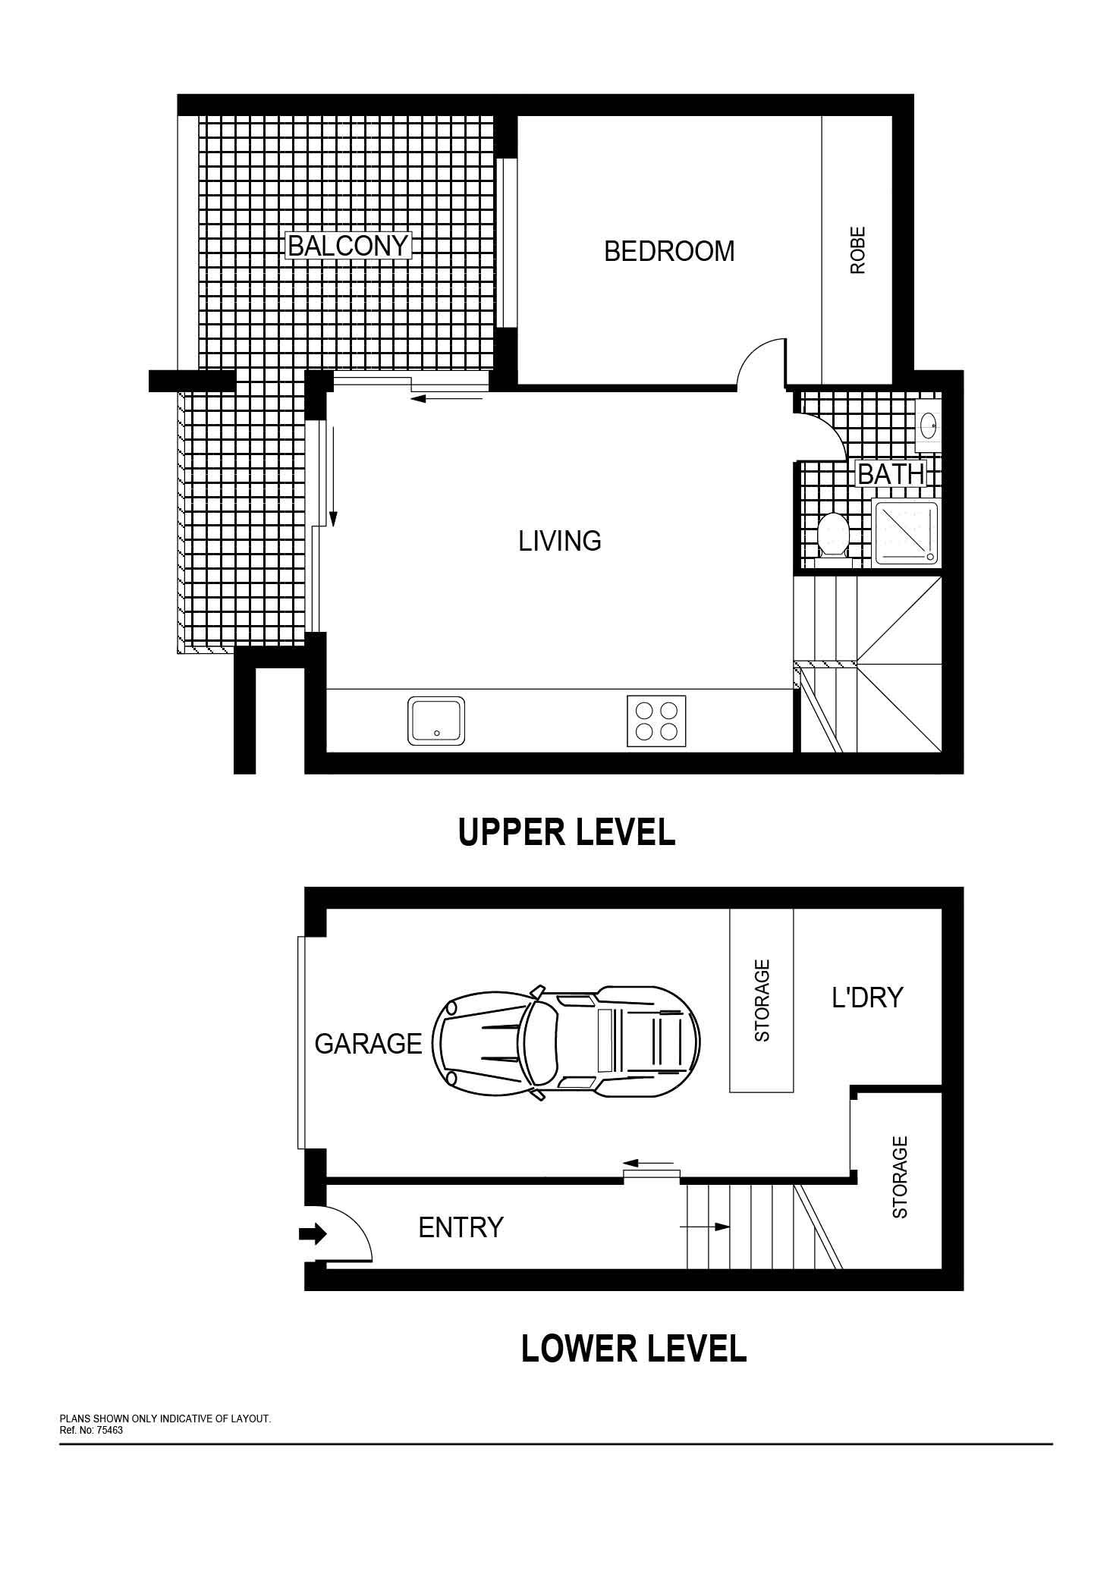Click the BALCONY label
coord(348,246)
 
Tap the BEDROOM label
coord(669,251)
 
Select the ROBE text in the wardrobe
coord(857,250)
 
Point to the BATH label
coord(891,474)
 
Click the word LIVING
coord(560,541)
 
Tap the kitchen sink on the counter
coord(437,721)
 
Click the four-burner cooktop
coord(656,721)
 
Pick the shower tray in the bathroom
coord(906,533)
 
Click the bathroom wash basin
coord(929,423)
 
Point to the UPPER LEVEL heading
coord(567,832)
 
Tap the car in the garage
coord(566,1041)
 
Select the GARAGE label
coord(368,1044)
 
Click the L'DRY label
coord(867,997)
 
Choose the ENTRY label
coord(461,1227)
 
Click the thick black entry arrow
coord(313,1234)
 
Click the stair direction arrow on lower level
coord(705,1226)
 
